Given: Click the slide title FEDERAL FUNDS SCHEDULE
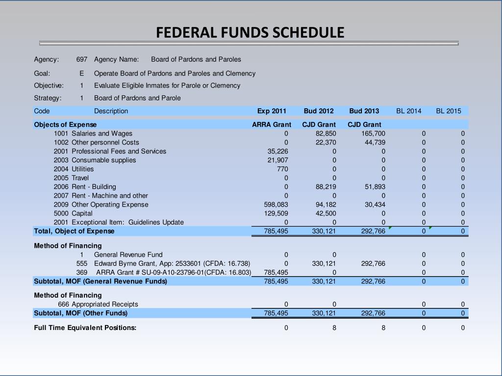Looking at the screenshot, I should tap(250, 32).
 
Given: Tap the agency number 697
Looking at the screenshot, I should tap(82, 59).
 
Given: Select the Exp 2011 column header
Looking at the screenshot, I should tap(272, 111).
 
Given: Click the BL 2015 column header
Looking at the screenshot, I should tap(449, 111).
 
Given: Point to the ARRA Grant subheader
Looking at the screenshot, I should tap(272, 124).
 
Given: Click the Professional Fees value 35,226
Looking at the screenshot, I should tap(277, 151).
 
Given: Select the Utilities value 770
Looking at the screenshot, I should tap(282, 169).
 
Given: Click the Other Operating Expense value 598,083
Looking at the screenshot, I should tap(276, 204).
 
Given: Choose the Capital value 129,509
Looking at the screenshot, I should tap(276, 213).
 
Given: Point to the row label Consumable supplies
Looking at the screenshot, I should tap(104, 160).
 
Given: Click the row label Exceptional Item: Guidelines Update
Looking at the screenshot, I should tap(127, 222).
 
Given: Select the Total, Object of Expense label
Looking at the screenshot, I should tap(74, 231).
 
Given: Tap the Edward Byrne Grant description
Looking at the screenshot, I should tap(172, 263).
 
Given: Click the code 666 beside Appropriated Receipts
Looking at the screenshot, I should tap(64, 304).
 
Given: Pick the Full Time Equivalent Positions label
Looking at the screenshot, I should tap(85, 328).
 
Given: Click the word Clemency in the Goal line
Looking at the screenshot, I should tap(240, 73).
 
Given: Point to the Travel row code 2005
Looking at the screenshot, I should tap(61, 178).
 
